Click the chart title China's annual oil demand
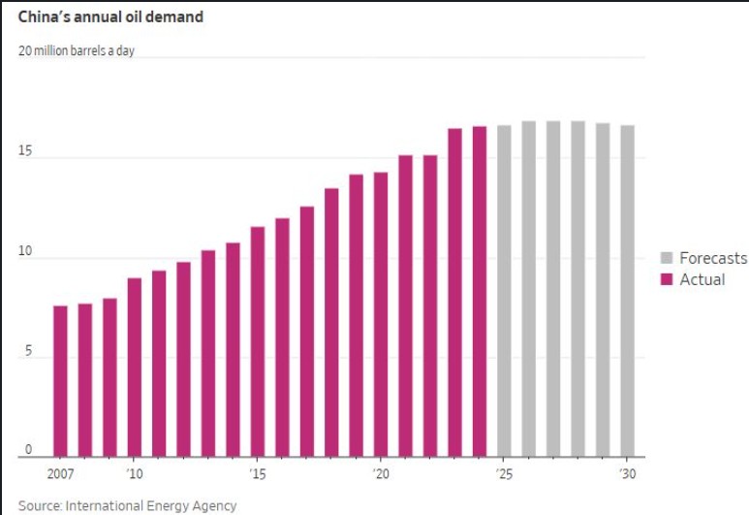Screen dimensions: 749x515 tap(110, 16)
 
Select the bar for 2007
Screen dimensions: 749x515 tap(60, 381)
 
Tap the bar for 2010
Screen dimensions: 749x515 tap(135, 368)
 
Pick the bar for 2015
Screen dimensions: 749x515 tap(258, 341)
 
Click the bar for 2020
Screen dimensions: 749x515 tap(381, 314)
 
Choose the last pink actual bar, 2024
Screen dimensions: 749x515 tap(480, 291)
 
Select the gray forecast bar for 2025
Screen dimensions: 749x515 tap(504, 291)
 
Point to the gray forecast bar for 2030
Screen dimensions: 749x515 tap(628, 291)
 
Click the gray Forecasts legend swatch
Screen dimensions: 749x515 tap(667, 258)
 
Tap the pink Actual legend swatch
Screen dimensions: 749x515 tap(667, 279)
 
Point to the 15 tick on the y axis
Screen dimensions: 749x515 tap(25, 151)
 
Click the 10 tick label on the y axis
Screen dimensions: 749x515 tap(25, 251)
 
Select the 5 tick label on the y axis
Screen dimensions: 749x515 tap(28, 350)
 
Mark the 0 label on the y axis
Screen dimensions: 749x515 tap(28, 449)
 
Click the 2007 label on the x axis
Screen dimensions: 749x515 tap(60, 474)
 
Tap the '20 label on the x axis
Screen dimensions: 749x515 tap(381, 474)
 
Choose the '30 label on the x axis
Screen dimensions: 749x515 tap(628, 474)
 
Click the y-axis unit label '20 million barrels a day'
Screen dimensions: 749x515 tap(77, 50)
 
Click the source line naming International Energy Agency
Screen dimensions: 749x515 tap(128, 505)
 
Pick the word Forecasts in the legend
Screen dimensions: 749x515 tap(713, 258)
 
